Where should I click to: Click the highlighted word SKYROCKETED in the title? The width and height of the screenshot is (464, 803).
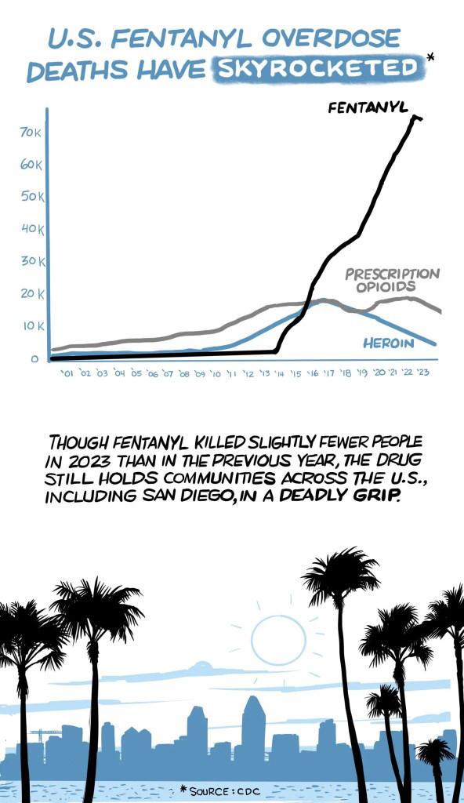318,69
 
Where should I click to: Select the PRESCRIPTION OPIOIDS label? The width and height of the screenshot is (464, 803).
392,280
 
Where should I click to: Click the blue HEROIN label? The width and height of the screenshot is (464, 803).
389,343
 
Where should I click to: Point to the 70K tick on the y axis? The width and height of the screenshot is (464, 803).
31,133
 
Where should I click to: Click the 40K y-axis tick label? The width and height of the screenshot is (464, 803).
31,229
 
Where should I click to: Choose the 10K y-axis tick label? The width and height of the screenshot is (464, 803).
31,325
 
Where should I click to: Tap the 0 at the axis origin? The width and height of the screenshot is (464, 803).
34,359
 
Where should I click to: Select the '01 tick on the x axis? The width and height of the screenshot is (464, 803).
67,375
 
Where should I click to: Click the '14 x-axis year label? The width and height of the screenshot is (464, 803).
279,374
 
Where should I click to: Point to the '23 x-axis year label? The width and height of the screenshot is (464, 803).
423,373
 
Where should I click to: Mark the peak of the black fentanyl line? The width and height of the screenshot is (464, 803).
415,117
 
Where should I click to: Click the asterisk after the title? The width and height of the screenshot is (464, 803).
430,57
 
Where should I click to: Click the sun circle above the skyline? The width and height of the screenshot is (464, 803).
277,641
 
